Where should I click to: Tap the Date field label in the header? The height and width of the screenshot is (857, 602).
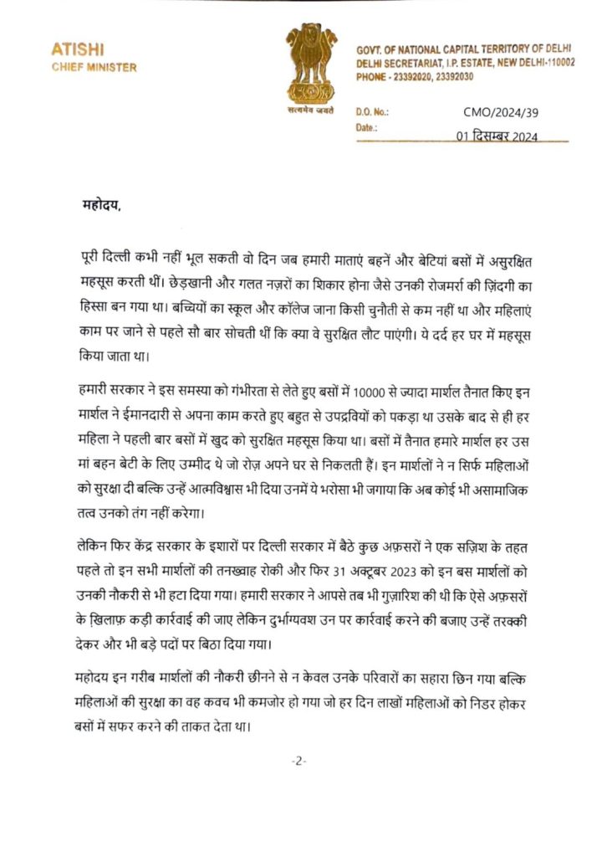click(367, 128)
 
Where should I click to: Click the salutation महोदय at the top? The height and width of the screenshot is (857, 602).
click(102, 203)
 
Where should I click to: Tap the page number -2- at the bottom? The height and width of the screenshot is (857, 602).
click(299, 761)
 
